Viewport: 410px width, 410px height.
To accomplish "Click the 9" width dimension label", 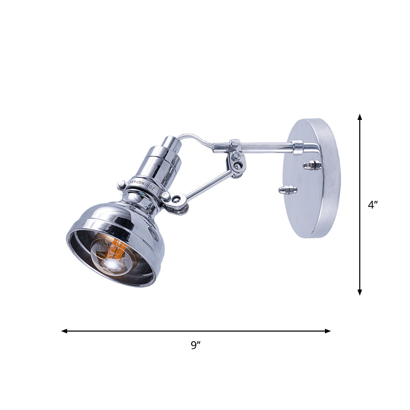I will pos(195,345).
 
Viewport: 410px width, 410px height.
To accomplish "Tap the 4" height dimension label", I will pos(373,204).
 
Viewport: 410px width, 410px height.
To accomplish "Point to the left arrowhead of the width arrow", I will pos(64,331).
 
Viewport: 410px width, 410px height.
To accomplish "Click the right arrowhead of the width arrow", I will pos(328,331).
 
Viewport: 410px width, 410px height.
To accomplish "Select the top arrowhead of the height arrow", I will pos(360,117).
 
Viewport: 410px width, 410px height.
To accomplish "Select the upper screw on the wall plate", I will pos(312,165).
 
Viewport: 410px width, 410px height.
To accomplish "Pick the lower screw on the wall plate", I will pos(288,190).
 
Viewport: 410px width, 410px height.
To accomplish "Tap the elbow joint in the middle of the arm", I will pos(237,159).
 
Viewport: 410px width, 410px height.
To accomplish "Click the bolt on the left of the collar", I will pos(121,185).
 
